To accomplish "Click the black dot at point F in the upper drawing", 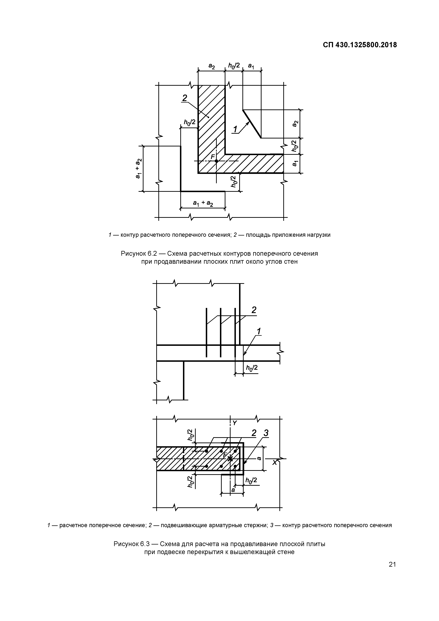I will (216, 161).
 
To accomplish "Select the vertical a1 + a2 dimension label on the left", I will (138, 168).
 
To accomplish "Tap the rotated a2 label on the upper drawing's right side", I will (295, 124).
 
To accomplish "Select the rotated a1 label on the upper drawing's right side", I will (295, 163).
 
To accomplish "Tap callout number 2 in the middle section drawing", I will (254, 310).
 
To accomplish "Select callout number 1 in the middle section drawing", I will (259, 331).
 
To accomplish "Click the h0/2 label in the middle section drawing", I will (251, 368).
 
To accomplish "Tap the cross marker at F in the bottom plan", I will (230, 458).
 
